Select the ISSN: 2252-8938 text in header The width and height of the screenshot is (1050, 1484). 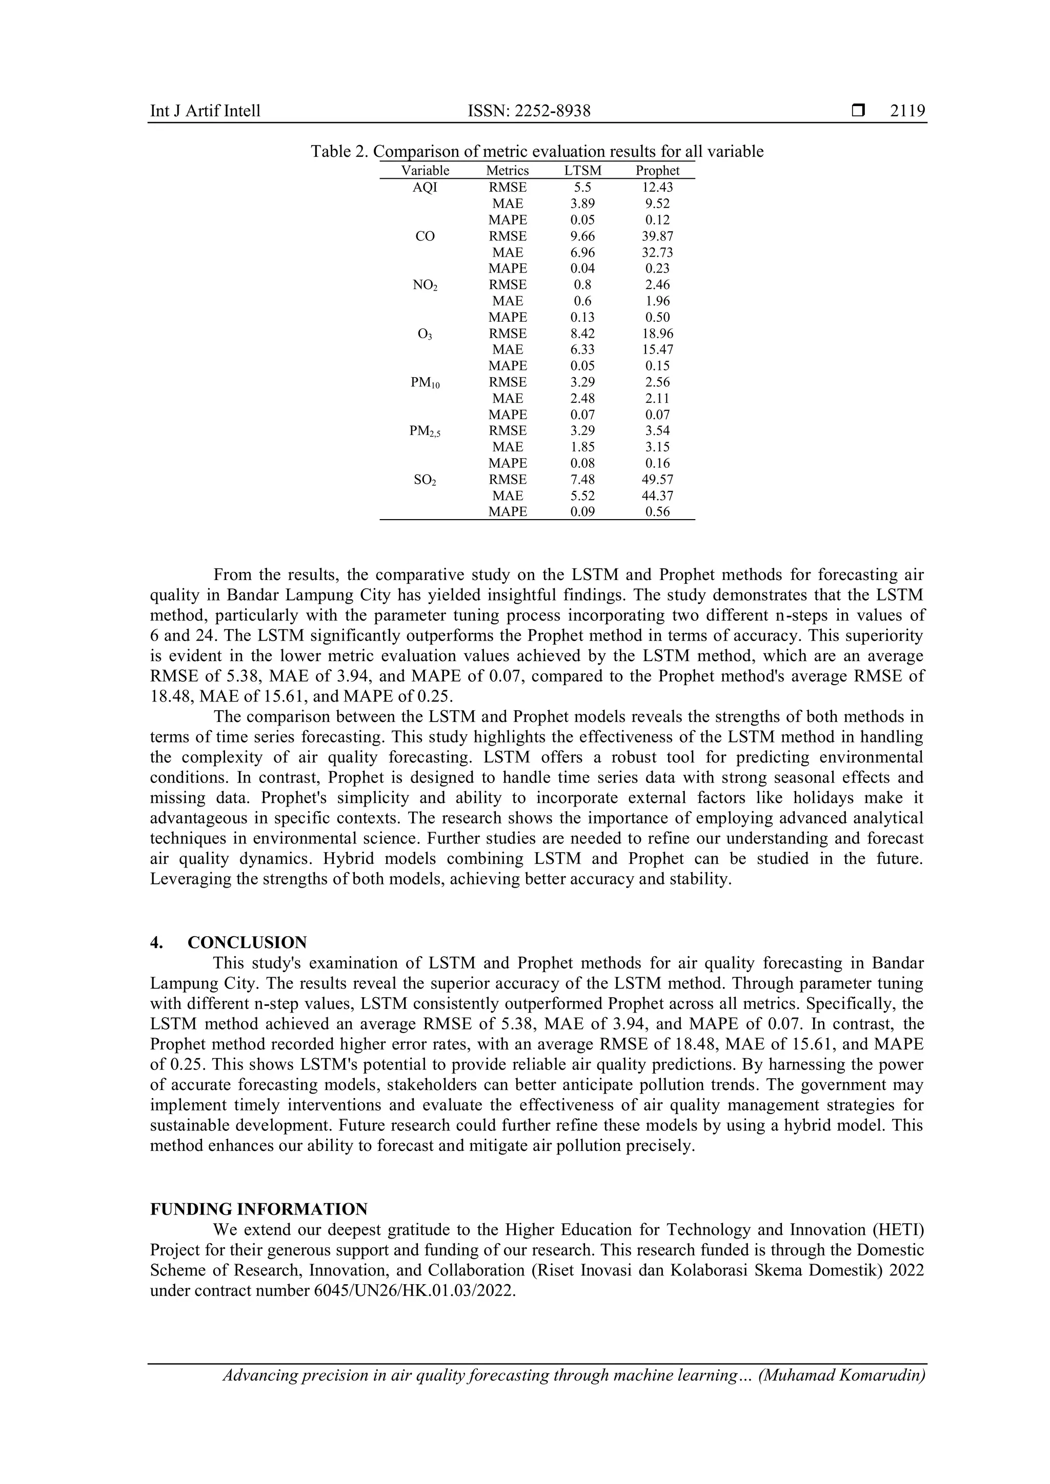coord(529,111)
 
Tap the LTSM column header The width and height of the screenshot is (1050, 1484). coord(582,171)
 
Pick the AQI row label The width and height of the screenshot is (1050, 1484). coord(425,188)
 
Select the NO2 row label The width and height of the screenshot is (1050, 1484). coord(425,285)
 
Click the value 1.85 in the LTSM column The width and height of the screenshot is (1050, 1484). coord(582,447)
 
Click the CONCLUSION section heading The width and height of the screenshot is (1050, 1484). coord(247,942)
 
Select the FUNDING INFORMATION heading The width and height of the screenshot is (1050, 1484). coord(258,1209)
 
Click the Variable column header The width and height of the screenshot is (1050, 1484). coord(425,171)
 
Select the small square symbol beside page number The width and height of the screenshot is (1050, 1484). coord(857,111)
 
